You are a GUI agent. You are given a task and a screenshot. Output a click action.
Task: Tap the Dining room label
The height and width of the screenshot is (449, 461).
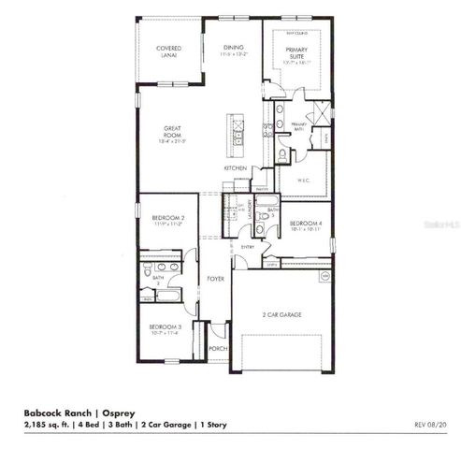(x=233, y=51)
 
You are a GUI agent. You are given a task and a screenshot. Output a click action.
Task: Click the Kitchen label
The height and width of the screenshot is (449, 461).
(x=235, y=167)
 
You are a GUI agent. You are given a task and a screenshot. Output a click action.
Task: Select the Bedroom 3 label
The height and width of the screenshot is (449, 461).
(x=164, y=328)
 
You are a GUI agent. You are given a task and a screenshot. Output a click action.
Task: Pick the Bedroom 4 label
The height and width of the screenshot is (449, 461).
(x=305, y=224)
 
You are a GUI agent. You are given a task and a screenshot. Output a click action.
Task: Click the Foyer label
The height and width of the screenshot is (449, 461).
(x=214, y=279)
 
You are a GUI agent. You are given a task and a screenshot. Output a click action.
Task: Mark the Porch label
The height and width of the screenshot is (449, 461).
(x=217, y=349)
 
